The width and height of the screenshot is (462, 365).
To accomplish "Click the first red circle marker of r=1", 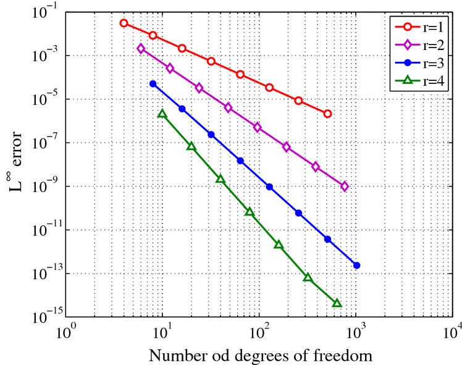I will (x=124, y=23).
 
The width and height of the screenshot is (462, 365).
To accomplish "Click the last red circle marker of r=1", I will (x=327, y=114).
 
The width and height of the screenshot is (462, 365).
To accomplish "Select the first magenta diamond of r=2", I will (x=141, y=48).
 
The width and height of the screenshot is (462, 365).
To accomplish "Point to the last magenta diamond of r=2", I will (x=345, y=186).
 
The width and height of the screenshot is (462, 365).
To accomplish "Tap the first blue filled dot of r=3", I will (x=153, y=83).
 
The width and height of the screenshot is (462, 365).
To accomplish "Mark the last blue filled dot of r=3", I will (x=356, y=266).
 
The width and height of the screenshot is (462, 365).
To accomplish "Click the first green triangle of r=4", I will (x=162, y=114).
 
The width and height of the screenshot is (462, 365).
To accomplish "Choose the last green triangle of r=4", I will (x=337, y=303).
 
